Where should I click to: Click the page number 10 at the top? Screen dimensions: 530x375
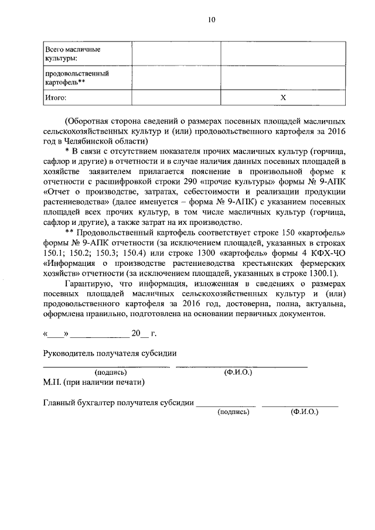[x=211, y=20]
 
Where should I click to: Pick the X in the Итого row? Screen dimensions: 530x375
[x=282, y=98]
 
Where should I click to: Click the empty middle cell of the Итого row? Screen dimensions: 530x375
[x=176, y=98]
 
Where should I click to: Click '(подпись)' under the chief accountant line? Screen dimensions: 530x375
[x=233, y=412]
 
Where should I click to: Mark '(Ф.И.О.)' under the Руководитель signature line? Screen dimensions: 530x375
[x=238, y=372]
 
